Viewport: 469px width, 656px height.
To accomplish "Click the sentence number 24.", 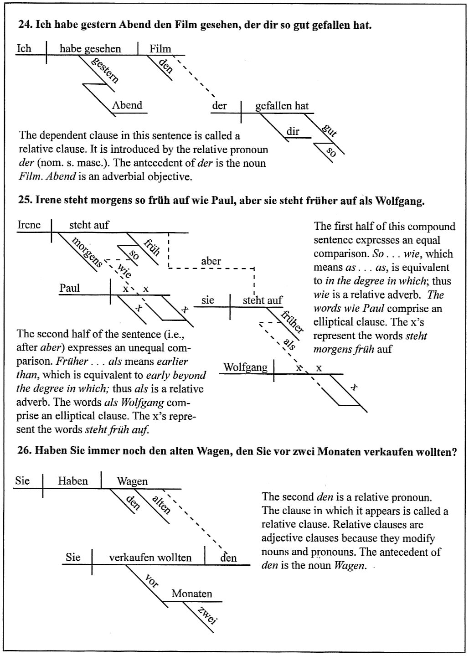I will [x=24, y=25].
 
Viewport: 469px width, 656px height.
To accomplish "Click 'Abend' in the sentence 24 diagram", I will [x=127, y=105].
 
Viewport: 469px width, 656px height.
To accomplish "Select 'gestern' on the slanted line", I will [x=105, y=70].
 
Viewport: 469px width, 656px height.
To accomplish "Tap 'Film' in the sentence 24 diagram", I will [x=160, y=49].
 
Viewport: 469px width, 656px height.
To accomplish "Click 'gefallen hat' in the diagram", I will [x=282, y=106].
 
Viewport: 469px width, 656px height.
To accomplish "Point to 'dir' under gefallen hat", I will [x=293, y=132].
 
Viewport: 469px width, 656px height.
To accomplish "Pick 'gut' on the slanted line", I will [x=329, y=130].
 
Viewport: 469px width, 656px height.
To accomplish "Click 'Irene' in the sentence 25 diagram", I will [x=29, y=225].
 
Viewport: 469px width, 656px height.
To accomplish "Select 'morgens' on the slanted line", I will [x=87, y=252].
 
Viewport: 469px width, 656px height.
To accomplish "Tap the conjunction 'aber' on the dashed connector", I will [x=211, y=261].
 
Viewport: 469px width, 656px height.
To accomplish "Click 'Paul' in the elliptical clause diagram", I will [x=69, y=288].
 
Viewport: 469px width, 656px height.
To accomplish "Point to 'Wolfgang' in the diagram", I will [x=245, y=367].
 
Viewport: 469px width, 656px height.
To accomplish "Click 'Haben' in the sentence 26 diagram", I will [x=73, y=481].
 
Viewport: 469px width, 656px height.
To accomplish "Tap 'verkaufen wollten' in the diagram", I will [x=150, y=558].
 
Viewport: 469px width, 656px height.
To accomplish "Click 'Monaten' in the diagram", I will [x=192, y=594].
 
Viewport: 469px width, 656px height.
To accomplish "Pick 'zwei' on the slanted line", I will [x=206, y=615].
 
